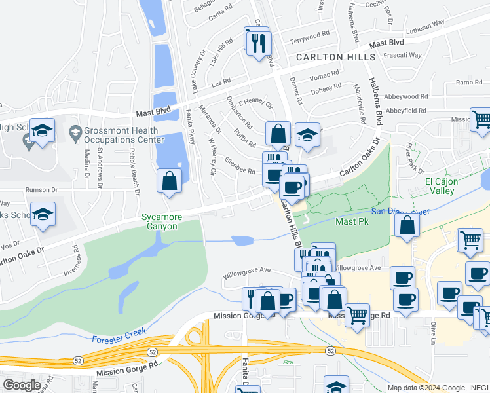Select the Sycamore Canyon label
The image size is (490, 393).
coord(160,221)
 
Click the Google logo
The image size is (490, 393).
coord(22,385)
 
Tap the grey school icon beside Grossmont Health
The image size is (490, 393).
coord(73,134)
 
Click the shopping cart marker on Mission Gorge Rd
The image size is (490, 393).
coord(357,316)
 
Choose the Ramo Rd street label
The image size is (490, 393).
coord(468,82)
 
